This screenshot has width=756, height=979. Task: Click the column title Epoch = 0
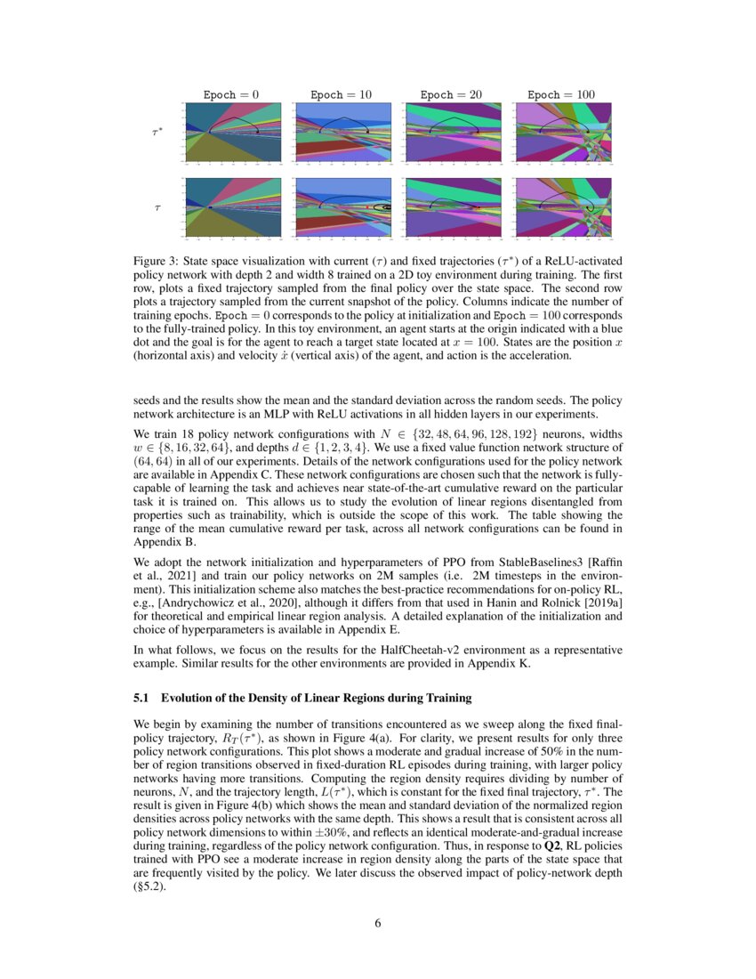[x=231, y=94]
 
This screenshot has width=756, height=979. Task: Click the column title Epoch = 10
[x=341, y=94]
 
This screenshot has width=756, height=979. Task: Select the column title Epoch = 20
[x=451, y=94]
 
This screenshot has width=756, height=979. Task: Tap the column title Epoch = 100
[x=560, y=94]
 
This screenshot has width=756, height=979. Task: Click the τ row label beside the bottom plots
[x=157, y=207]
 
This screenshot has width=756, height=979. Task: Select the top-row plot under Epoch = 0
[x=232, y=133]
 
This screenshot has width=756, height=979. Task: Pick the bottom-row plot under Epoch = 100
[x=562, y=207]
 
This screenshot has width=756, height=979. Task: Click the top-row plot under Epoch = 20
[x=452, y=133]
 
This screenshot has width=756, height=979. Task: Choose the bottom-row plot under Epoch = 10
[x=342, y=207]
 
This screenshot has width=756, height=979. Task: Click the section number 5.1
[x=141, y=696]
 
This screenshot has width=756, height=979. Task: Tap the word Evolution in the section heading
[x=189, y=696]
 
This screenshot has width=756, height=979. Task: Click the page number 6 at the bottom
[x=378, y=923]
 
